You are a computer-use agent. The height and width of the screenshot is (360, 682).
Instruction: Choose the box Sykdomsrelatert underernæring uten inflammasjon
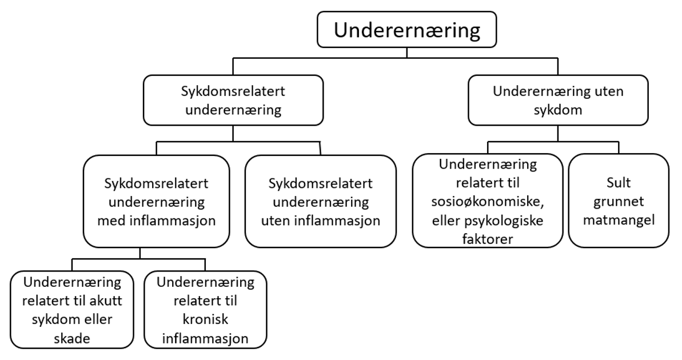pos(320,202)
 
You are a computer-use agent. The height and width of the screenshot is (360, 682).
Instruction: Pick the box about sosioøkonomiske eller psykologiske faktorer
pos(487,201)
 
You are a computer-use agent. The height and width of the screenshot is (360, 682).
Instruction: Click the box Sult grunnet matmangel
pos(618,201)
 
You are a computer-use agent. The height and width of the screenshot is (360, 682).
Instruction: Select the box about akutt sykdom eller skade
pos(72,310)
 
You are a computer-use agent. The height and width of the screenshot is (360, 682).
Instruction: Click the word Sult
pos(618,185)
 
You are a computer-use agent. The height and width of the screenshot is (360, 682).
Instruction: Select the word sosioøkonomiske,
pos(487,202)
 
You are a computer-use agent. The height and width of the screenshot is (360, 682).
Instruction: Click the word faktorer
pos(487,238)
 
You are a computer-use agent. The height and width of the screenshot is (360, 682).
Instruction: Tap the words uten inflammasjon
pos(320,221)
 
